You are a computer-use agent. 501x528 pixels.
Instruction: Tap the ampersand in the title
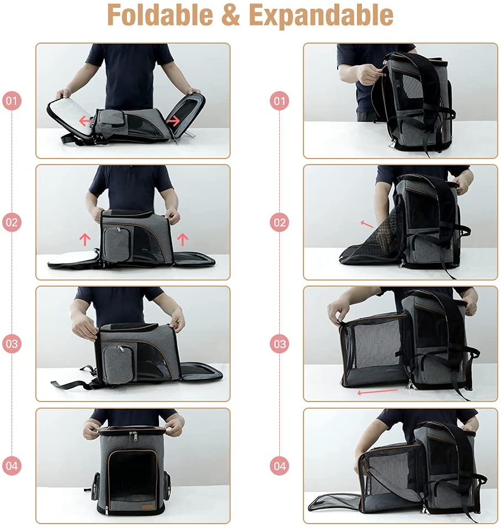click(x=239, y=16)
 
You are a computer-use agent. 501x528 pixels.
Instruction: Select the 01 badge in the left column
click(x=12, y=101)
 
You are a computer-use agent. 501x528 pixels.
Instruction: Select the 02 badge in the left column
click(x=12, y=223)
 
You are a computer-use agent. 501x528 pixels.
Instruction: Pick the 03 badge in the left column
click(x=12, y=344)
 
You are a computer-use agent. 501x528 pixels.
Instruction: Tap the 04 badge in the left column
click(x=12, y=466)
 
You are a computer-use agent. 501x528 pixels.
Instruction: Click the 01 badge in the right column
click(x=280, y=101)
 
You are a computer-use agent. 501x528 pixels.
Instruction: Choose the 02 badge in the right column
click(x=280, y=223)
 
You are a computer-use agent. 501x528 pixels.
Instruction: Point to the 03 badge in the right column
click(x=280, y=344)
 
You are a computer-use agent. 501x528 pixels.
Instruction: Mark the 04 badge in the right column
click(x=280, y=466)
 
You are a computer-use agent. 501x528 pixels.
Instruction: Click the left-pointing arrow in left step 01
click(x=85, y=120)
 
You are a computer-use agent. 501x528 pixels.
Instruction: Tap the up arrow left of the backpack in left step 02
click(x=85, y=239)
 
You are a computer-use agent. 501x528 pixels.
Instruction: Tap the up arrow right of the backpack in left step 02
click(x=183, y=239)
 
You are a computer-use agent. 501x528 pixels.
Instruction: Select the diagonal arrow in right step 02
click(x=367, y=224)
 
